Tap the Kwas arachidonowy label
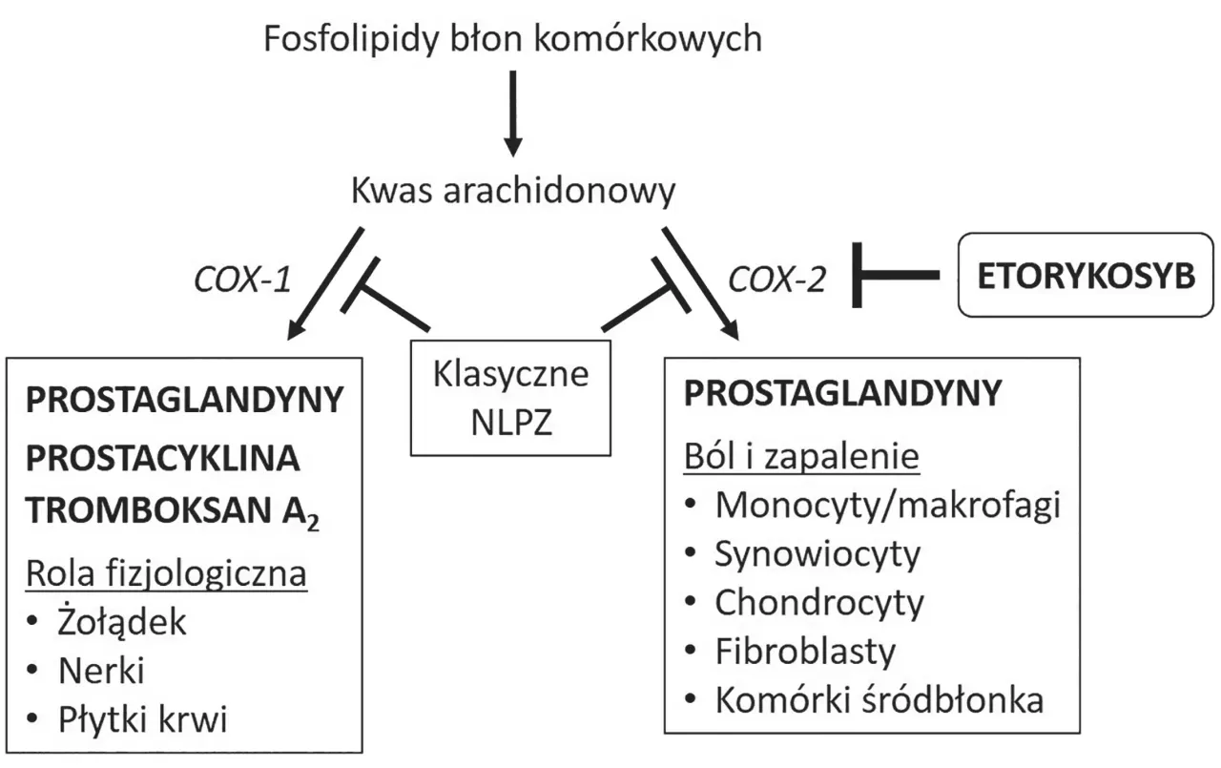512,191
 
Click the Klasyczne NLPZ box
510,395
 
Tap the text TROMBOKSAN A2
172,512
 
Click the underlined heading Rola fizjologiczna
167,574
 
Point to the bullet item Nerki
100,672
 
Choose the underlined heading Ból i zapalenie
801,457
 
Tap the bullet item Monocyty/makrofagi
887,505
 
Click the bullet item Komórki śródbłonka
879,700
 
